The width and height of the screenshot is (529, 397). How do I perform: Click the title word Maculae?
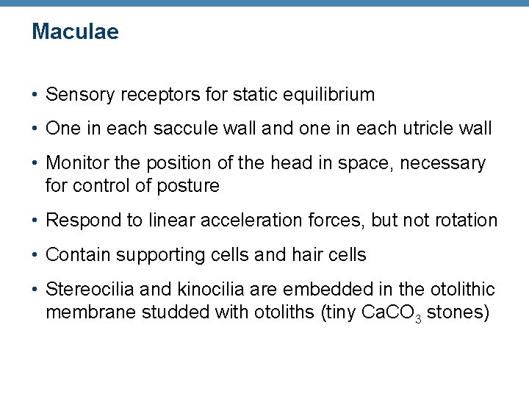(75, 32)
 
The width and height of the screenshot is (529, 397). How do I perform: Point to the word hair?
(298, 255)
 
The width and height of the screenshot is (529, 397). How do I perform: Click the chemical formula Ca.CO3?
(391, 313)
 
